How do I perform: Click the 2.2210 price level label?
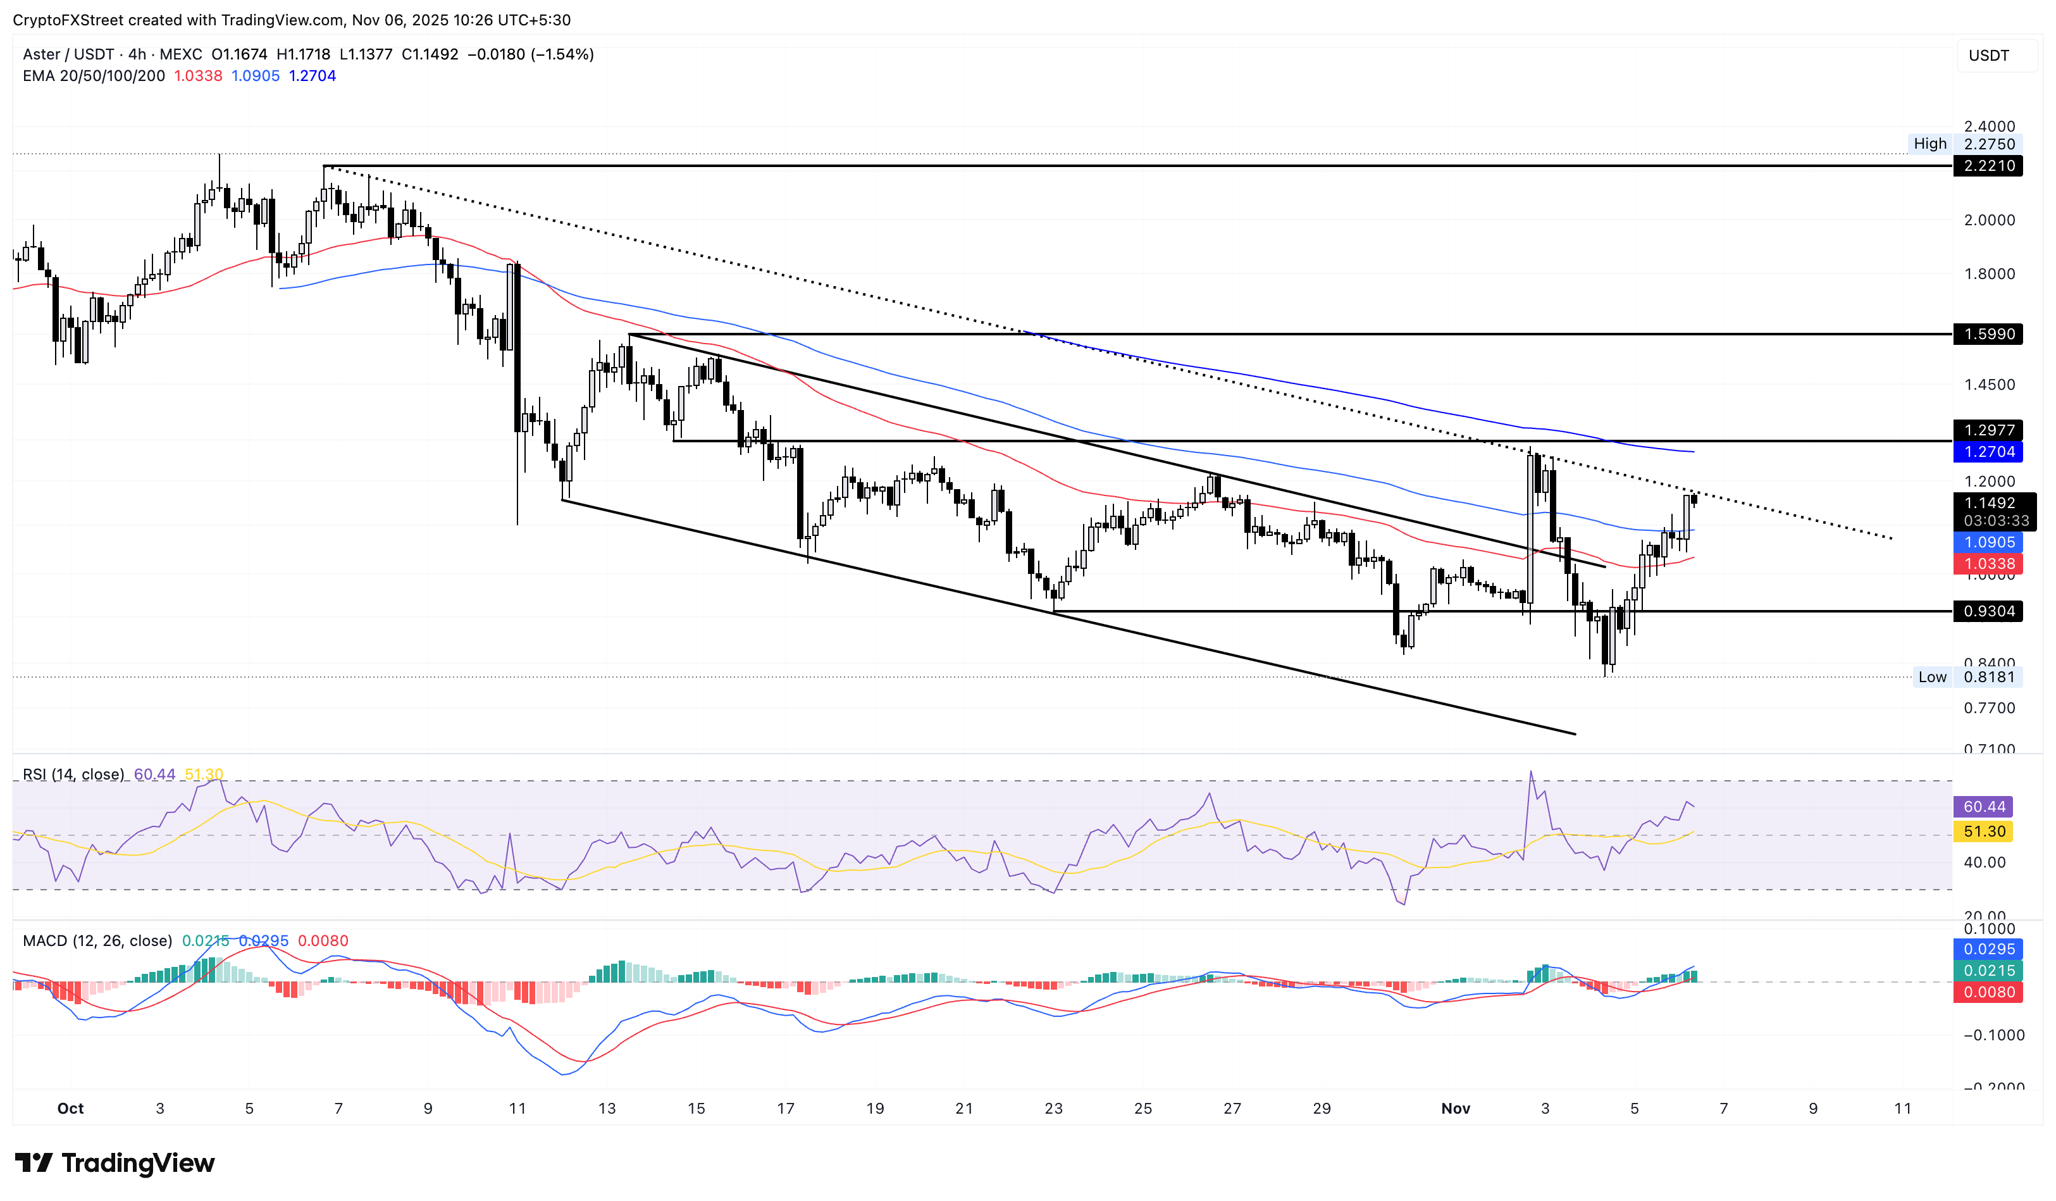[1988, 166]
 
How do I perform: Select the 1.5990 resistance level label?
[1988, 333]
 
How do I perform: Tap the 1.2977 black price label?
[1988, 430]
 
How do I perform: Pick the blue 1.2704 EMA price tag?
[1988, 452]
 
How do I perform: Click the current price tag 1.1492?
[1989, 504]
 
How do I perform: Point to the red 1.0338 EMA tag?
[1988, 564]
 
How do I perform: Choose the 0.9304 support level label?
[1988, 611]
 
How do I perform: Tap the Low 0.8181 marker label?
[1966, 677]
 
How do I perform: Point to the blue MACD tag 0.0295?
[1988, 949]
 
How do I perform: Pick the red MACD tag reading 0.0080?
[1988, 992]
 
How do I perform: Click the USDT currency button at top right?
[1988, 56]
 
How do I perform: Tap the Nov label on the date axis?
[1456, 1108]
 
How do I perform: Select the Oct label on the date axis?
[70, 1108]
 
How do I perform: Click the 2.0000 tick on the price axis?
[1988, 220]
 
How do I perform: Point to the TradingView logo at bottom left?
[115, 1162]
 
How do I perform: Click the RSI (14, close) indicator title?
[73, 775]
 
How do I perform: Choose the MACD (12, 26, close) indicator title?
[97, 941]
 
